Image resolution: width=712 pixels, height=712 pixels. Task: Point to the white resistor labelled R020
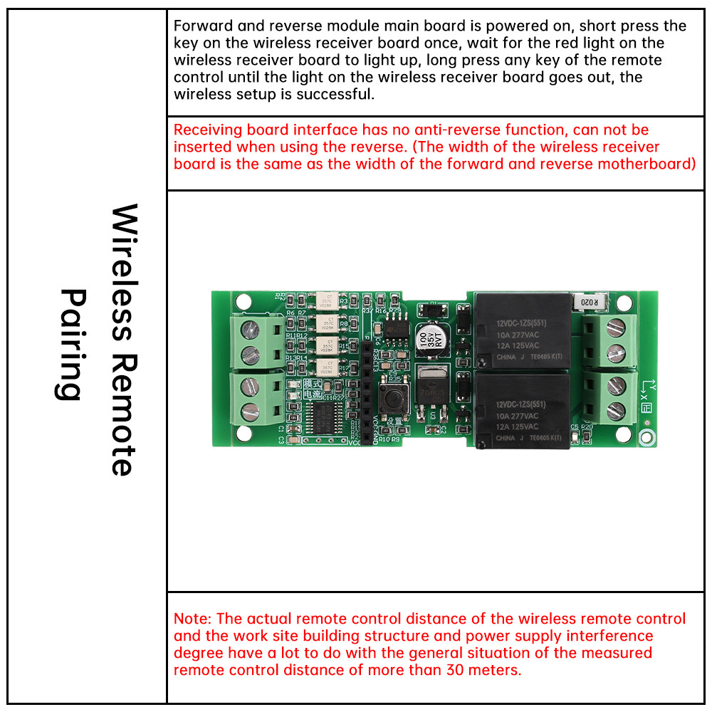[x=592, y=301]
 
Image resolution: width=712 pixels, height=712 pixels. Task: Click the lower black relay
[x=523, y=409]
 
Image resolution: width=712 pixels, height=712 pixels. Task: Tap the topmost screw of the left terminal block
[x=249, y=330]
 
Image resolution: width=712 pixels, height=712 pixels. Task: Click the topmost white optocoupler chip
[x=325, y=301]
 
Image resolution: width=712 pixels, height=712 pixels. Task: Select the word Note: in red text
[x=192, y=619]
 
